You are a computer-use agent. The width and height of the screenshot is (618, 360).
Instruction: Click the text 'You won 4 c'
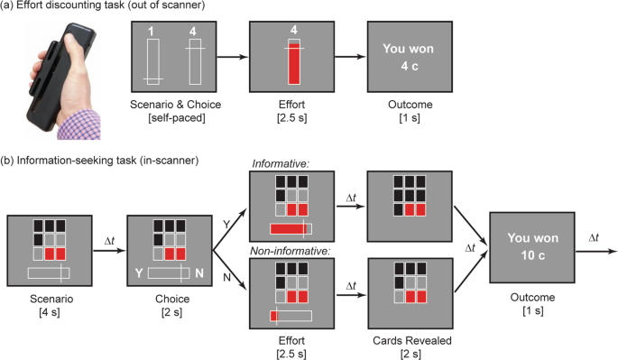410,58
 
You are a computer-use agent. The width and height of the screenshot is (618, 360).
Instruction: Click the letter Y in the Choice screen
138,272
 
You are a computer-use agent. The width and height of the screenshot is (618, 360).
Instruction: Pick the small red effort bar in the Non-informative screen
273,316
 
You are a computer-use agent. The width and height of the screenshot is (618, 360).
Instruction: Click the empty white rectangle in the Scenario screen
49,272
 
